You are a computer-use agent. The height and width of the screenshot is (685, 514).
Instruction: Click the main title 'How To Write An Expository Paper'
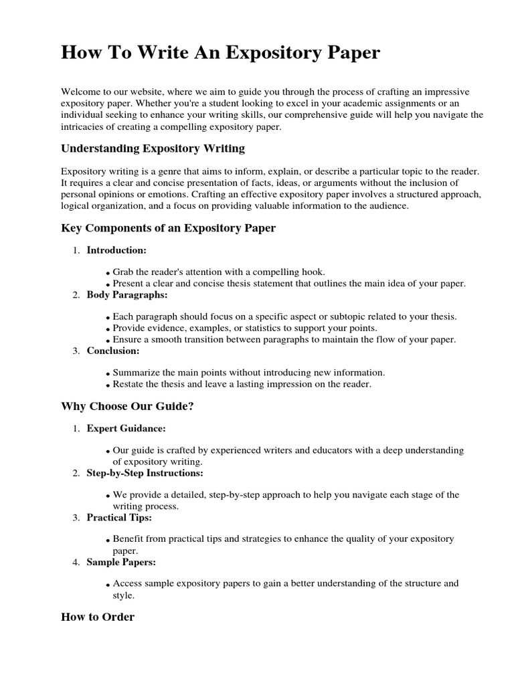coord(220,54)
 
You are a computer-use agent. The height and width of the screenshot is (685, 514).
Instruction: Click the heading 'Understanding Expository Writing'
coord(153,148)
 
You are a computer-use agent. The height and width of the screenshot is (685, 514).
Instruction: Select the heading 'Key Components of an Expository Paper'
coord(168,228)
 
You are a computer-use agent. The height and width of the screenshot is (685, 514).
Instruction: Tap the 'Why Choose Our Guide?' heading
coord(127,406)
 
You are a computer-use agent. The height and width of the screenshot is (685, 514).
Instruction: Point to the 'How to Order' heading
coord(98,617)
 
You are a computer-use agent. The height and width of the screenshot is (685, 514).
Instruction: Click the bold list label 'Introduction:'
coord(116,250)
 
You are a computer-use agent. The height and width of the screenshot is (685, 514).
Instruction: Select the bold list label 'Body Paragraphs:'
coord(127,294)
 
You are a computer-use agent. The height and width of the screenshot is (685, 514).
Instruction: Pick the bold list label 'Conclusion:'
coord(113,351)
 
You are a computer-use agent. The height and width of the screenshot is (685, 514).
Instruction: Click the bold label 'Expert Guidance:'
coord(126,428)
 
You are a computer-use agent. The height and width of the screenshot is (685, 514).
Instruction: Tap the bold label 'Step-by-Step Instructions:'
coord(145,473)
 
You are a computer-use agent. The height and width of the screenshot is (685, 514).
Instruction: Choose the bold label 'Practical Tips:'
coord(119,518)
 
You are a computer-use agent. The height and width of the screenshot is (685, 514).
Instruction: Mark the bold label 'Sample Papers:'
coord(121,562)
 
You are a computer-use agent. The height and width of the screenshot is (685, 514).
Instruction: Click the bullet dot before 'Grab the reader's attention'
coord(108,274)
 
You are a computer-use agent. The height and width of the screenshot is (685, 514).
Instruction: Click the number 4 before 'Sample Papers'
coord(75,563)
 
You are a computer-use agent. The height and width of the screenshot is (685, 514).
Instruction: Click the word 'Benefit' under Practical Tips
coord(128,539)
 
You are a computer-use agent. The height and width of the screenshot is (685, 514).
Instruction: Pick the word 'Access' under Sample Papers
coord(127,583)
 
